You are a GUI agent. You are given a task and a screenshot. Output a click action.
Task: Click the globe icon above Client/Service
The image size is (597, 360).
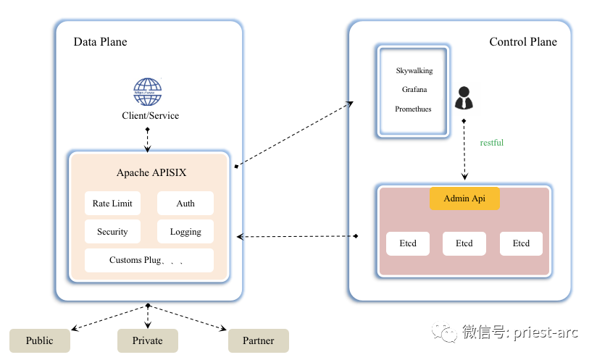(147, 92)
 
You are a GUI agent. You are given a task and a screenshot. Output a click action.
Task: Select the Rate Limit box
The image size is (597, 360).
(112, 204)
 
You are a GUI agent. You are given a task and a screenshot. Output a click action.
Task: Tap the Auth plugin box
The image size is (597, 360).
(185, 204)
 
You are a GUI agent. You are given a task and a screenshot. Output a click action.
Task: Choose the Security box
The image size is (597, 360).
(112, 232)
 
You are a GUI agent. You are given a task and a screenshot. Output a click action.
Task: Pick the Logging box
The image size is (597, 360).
(185, 232)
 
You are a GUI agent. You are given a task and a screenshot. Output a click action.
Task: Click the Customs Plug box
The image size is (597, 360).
(149, 260)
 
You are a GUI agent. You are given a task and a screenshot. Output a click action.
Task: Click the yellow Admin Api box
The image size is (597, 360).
(464, 198)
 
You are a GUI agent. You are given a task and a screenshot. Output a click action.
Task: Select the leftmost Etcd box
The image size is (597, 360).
(408, 243)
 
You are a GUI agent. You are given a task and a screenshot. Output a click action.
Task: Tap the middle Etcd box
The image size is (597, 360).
(464, 243)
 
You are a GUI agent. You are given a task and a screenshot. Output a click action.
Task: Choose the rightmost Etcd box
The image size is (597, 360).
(521, 243)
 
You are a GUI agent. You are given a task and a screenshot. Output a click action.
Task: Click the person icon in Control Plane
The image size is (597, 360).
(463, 99)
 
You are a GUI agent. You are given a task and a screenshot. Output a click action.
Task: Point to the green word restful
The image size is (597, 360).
(492, 143)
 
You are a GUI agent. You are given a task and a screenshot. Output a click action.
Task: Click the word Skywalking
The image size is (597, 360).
(414, 71)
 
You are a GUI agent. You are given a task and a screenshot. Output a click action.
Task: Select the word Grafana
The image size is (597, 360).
(414, 90)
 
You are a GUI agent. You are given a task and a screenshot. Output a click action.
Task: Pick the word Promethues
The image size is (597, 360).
(413, 109)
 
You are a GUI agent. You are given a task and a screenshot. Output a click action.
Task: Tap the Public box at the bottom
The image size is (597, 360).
(40, 340)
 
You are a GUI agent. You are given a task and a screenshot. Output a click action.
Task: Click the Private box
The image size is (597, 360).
(148, 340)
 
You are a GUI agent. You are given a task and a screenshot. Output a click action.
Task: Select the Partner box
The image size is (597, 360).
(259, 340)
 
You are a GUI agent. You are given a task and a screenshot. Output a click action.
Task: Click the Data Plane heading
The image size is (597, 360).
(100, 42)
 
